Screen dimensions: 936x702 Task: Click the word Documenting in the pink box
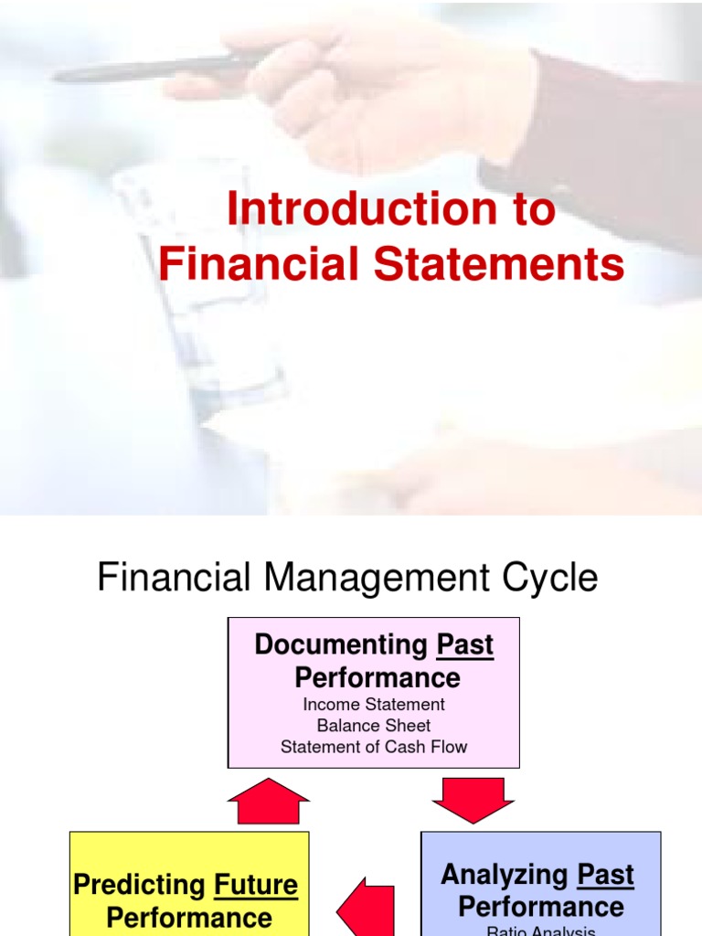(341, 644)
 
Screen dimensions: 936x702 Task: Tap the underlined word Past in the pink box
(464, 644)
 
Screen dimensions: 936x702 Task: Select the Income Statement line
(374, 705)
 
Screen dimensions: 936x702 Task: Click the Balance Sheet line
(374, 726)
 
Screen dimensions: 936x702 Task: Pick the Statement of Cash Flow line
(374, 747)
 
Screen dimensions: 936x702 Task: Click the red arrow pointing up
(268, 802)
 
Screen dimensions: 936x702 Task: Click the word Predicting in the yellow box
(139, 886)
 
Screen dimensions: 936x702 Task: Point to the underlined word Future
(256, 886)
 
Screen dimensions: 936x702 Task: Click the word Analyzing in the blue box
(505, 875)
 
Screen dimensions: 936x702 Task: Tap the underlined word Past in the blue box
(605, 875)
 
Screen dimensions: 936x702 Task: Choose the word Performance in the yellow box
(189, 918)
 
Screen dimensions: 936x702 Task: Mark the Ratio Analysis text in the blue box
(541, 931)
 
